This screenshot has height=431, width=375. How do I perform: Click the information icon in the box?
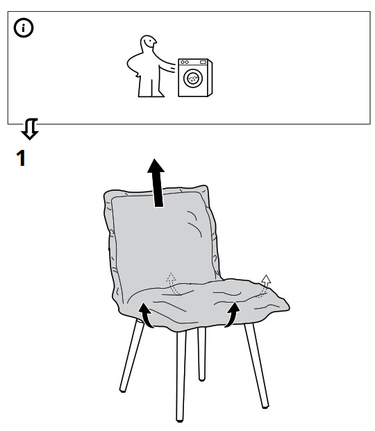pos(24,28)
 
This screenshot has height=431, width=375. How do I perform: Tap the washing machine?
pos(195,78)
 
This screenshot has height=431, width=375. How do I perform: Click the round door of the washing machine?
pos(193,78)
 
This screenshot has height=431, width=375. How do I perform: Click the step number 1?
pos(21,158)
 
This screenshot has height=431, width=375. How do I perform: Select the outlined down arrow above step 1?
pos(30,129)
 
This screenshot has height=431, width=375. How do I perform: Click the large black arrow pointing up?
pos(156,183)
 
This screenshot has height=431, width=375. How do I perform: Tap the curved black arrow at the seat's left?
pos(146,314)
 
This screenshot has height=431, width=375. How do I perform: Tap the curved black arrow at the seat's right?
pos(232,314)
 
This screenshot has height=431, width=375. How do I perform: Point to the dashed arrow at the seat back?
pos(172,284)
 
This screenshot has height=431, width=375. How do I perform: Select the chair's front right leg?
pos(256,365)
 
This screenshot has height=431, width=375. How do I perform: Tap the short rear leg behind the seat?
pos(201,354)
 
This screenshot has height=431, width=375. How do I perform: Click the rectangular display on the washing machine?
pos(203,62)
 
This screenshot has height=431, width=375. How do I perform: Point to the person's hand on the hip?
pos(136,74)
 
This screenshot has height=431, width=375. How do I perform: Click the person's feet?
pos(151,95)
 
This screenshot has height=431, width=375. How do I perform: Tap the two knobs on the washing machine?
pos(185,62)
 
